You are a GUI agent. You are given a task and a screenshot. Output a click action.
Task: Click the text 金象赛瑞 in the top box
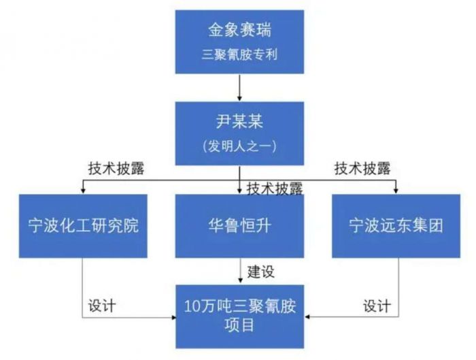239,30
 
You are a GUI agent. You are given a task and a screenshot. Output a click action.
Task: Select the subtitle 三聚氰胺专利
239,55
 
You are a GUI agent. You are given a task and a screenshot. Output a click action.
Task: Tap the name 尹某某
239,122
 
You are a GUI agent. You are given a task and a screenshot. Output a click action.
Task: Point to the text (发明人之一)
239,146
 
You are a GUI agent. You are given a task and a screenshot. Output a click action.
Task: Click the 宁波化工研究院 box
83,226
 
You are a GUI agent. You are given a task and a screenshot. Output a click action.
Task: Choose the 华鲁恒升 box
239,226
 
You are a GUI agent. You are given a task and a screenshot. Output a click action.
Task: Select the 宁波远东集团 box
396,226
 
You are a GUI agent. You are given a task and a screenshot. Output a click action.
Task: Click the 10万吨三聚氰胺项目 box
240,316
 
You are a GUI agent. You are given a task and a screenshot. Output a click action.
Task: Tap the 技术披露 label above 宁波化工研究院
116,169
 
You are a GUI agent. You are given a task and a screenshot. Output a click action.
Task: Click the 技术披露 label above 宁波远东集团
362,169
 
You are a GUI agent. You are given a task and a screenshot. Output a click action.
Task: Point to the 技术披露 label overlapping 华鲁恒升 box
275,189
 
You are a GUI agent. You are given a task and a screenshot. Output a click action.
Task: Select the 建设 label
261,272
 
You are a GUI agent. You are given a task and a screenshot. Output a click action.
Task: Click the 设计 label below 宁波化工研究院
102,306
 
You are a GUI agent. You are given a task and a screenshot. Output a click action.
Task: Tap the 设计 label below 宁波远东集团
377,306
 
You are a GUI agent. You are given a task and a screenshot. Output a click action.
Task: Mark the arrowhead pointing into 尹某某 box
239,98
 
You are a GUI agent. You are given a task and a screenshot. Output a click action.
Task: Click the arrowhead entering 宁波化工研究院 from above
83,191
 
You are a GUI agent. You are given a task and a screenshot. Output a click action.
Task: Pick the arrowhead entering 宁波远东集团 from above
396,191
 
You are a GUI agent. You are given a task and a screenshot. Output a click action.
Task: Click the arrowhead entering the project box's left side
173,318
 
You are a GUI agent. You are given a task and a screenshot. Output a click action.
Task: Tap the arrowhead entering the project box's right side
307,317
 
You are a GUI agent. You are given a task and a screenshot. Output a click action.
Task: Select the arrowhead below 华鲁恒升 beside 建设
241,280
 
